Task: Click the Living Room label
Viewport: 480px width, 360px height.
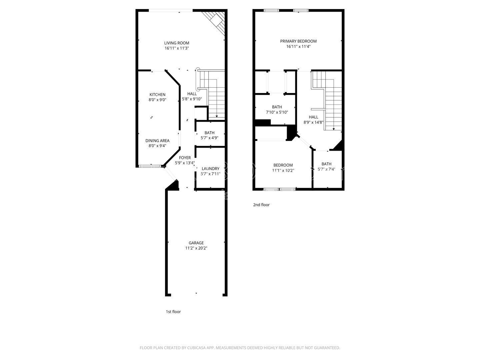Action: point(177,43)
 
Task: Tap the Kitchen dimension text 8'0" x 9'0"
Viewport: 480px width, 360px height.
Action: point(157,100)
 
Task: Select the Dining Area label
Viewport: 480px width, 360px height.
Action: point(157,141)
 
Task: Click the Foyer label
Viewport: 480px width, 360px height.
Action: point(185,158)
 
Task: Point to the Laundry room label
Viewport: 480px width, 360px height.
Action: point(210,169)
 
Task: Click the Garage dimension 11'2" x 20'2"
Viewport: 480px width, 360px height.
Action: point(196,248)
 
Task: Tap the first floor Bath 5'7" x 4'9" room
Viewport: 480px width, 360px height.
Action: point(209,135)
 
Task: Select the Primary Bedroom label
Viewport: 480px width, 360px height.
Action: point(298,41)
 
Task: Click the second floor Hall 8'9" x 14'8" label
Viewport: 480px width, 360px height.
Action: point(313,117)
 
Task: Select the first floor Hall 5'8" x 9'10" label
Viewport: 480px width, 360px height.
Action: point(192,94)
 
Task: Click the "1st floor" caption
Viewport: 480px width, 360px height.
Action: point(173,312)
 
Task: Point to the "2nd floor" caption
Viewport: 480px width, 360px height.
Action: point(261,205)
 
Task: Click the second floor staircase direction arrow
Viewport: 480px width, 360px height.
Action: point(334,128)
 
